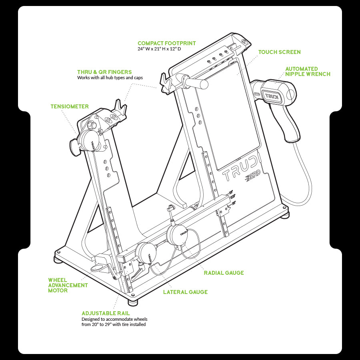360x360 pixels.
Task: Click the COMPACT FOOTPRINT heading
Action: click(x=166, y=43)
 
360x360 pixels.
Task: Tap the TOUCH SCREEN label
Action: click(x=279, y=52)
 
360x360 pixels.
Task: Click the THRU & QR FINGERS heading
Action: click(x=104, y=72)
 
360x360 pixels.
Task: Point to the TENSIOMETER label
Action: click(x=70, y=106)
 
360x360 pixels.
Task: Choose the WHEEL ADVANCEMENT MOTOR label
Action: click(x=68, y=285)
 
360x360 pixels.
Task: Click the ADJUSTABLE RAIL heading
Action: click(x=106, y=313)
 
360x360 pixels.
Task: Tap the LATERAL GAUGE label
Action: click(x=185, y=292)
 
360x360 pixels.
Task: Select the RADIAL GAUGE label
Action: click(x=224, y=273)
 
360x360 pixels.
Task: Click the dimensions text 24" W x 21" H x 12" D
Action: click(x=159, y=49)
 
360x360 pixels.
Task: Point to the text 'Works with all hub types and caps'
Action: click(x=110, y=78)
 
